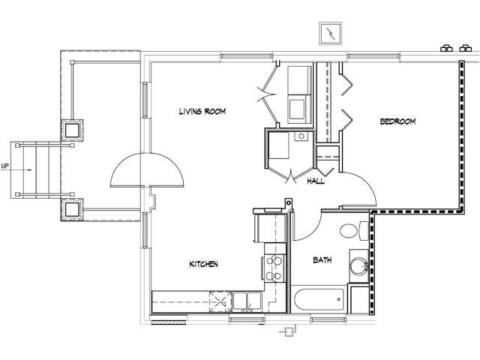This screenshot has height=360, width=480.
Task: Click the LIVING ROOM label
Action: [x=202, y=112]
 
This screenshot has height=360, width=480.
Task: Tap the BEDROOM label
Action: [x=397, y=121]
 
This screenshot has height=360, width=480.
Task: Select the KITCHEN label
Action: [x=203, y=264]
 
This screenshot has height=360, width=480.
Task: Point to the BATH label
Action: [x=322, y=260]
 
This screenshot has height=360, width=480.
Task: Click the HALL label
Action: [x=316, y=181]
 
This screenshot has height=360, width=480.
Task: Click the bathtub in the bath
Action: [x=319, y=300]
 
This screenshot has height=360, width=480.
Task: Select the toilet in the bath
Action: [x=352, y=230]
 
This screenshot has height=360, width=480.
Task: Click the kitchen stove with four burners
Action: [x=272, y=268]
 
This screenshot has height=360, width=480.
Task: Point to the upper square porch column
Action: [x=73, y=130]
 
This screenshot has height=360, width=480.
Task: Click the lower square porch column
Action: [x=73, y=209]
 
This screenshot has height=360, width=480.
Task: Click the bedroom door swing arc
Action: [x=358, y=187]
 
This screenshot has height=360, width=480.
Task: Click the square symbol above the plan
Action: [x=330, y=34]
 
